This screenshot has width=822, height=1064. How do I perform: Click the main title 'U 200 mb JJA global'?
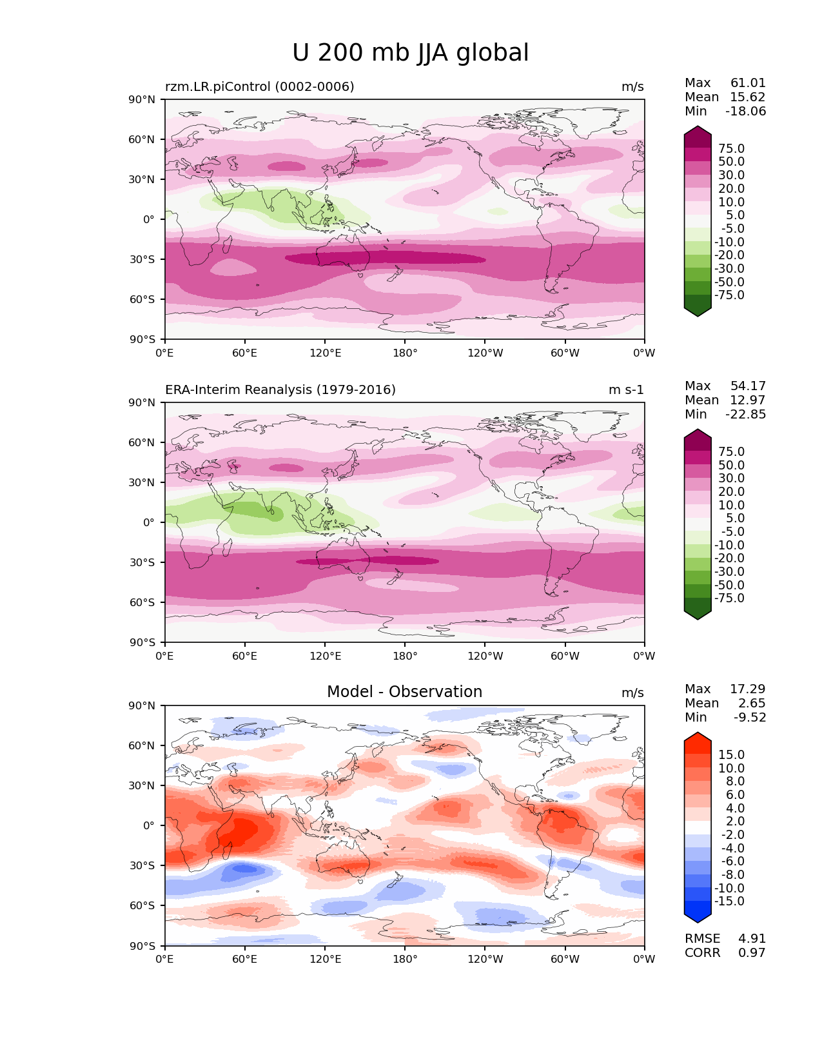[410, 53]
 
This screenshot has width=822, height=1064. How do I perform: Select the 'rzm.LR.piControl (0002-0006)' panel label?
[260, 86]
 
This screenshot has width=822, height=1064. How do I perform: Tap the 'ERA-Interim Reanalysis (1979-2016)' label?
[280, 389]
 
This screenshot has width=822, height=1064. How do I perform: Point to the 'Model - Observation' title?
[404, 692]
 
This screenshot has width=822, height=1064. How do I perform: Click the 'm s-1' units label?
[626, 389]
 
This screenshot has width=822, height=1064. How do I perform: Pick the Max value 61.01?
[748, 83]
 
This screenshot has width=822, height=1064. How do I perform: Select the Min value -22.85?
[746, 414]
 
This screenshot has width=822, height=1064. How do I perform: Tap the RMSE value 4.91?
[752, 938]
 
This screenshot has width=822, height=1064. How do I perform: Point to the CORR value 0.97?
[752, 952]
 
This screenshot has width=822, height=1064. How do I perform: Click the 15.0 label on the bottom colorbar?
[731, 754]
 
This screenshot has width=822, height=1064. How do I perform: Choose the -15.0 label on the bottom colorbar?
[729, 901]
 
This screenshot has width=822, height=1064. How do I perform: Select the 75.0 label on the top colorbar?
[731, 148]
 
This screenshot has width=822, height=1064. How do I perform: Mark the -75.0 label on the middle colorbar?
[729, 598]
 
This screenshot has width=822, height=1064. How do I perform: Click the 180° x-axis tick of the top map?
[405, 353]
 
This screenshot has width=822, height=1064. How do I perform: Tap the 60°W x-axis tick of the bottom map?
[565, 959]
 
